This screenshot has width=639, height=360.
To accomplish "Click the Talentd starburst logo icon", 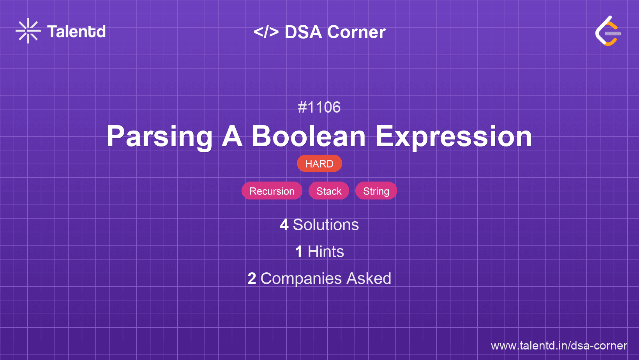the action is [x=28, y=31].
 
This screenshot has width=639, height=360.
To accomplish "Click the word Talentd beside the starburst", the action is [x=76, y=32].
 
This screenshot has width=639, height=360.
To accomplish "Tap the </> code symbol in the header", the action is [x=266, y=32].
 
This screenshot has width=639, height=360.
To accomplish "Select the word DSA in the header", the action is [x=303, y=32].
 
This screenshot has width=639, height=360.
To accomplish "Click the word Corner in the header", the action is [x=356, y=32].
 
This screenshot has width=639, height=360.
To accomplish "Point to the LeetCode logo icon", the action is [x=608, y=31].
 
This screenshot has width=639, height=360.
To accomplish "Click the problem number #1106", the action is [x=319, y=107].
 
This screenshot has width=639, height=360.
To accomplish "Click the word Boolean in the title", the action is [x=309, y=136].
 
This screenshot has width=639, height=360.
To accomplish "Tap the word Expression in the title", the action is [x=454, y=137].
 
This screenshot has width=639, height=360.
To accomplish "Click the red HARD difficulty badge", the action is [x=319, y=164].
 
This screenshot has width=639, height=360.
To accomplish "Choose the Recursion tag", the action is [x=272, y=191].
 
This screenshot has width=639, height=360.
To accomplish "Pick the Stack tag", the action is [x=329, y=191].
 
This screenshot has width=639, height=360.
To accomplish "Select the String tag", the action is [x=376, y=191].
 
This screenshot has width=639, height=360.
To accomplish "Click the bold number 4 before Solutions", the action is [x=284, y=225].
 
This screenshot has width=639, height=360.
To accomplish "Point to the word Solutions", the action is [x=326, y=225].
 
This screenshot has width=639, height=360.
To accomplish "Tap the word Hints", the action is [x=326, y=252].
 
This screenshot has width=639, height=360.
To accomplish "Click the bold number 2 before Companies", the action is [x=252, y=279].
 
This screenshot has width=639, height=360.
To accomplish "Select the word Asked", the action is [x=369, y=279].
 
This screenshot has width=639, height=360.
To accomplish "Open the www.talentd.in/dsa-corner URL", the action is [x=559, y=346].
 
